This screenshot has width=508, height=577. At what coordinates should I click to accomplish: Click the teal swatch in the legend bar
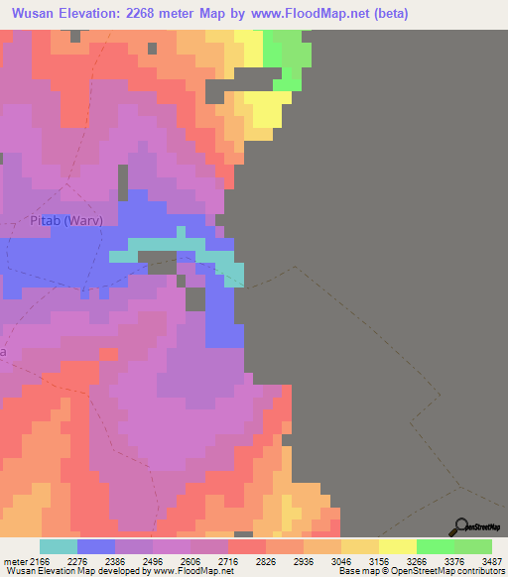[x=59, y=546]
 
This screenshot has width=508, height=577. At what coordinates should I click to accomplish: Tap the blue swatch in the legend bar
[x=96, y=546]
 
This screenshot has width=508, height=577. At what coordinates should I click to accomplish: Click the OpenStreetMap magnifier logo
[x=461, y=526]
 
